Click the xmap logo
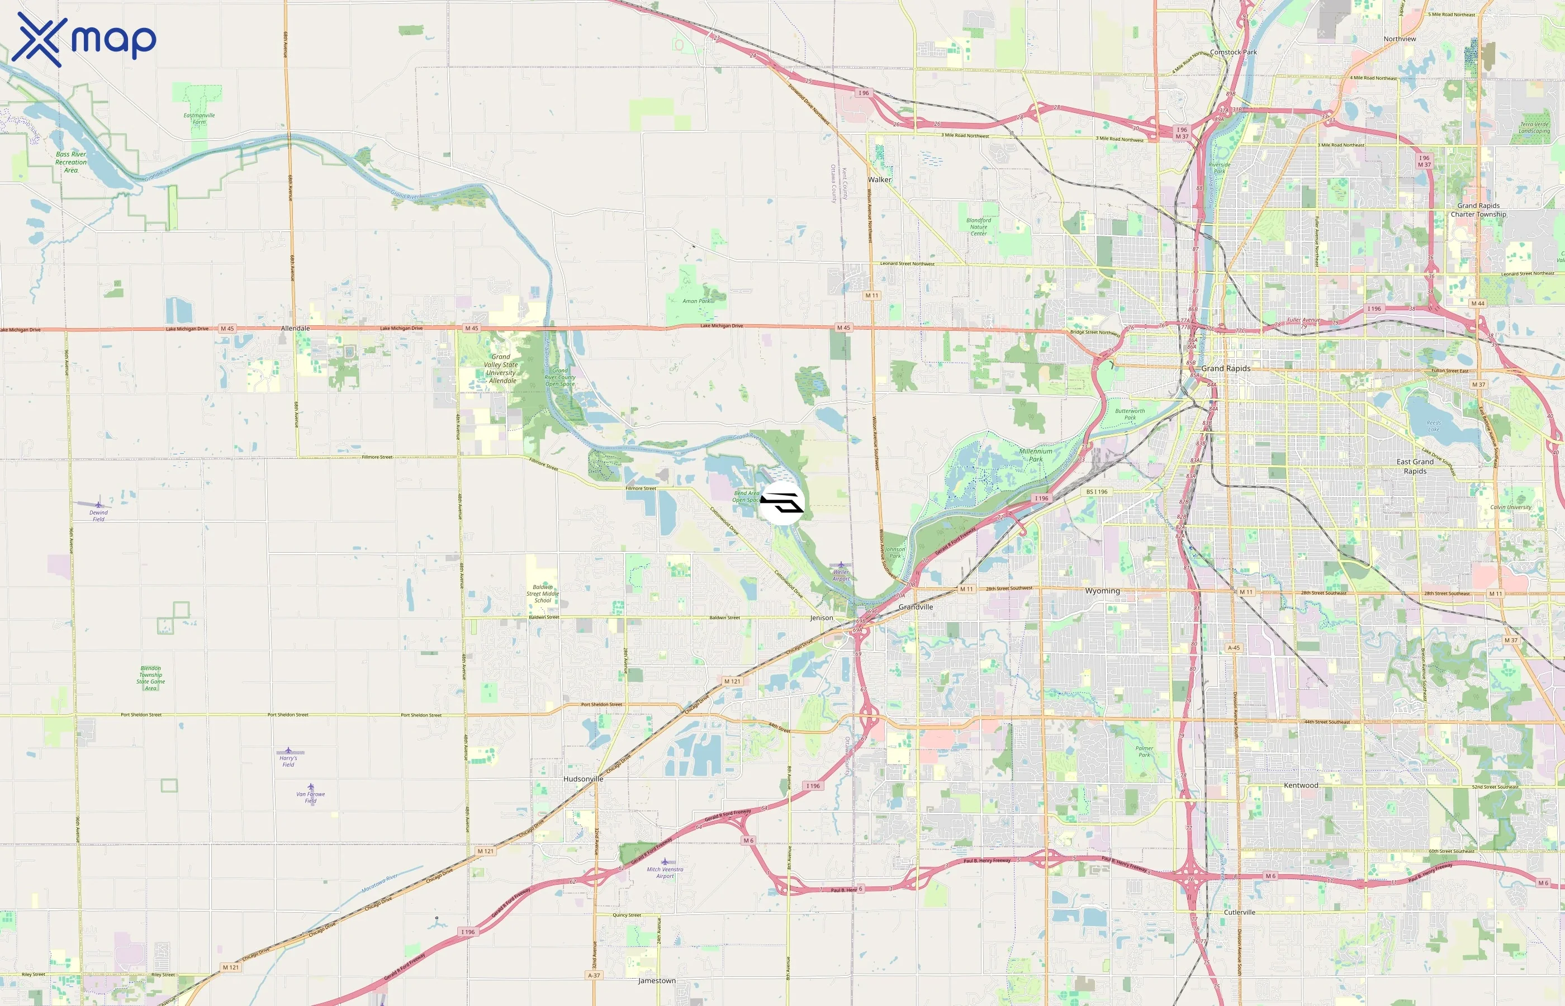click(84, 39)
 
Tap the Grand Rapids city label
click(1225, 368)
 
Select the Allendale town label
click(295, 328)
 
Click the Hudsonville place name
click(584, 779)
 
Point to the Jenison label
click(821, 618)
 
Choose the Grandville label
click(915, 607)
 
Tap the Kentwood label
click(1301, 785)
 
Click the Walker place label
click(879, 179)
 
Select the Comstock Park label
click(1232, 53)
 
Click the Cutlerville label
click(1239, 912)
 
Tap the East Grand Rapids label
click(1415, 466)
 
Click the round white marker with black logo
click(782, 502)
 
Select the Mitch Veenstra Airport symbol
click(665, 862)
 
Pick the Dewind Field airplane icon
click(98, 504)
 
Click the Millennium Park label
click(1035, 455)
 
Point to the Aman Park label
click(696, 301)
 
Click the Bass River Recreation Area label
click(70, 162)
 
